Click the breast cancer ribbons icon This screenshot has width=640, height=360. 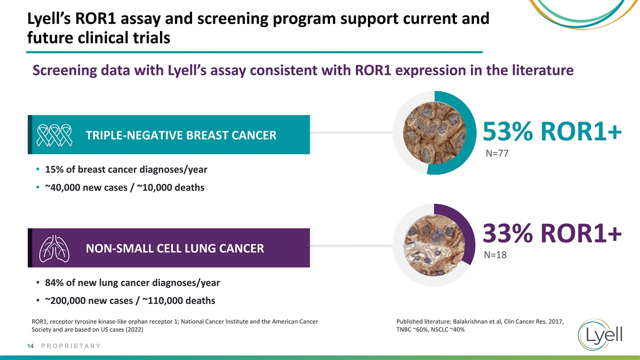tap(54, 135)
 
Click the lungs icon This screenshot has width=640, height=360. tap(54, 249)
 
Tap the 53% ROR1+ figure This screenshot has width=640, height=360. tap(552, 131)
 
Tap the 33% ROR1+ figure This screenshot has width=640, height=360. tap(552, 233)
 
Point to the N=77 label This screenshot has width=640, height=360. tap(497, 154)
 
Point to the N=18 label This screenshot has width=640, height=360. tap(495, 255)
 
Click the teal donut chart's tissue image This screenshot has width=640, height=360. tap(435, 133)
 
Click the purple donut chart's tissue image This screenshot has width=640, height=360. tap(435, 245)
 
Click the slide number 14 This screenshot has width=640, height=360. tap(30, 346)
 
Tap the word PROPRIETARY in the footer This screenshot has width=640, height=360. tap(71, 346)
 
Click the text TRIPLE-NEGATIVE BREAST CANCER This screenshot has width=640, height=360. tap(181, 135)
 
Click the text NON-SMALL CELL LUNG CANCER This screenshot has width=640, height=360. tap(175, 249)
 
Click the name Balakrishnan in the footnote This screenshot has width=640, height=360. tap(470, 322)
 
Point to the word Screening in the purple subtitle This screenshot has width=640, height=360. tap(65, 70)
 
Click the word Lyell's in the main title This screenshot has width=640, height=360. tap(49, 19)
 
